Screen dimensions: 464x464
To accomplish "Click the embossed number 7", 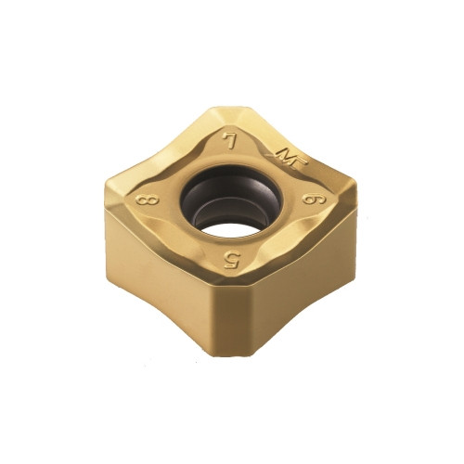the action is pyautogui.click(x=230, y=142).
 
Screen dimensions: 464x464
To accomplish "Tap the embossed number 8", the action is pyautogui.click(x=148, y=201).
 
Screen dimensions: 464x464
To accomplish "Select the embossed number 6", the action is pyautogui.click(x=314, y=200).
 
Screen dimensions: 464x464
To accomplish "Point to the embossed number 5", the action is pyautogui.click(x=232, y=261).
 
